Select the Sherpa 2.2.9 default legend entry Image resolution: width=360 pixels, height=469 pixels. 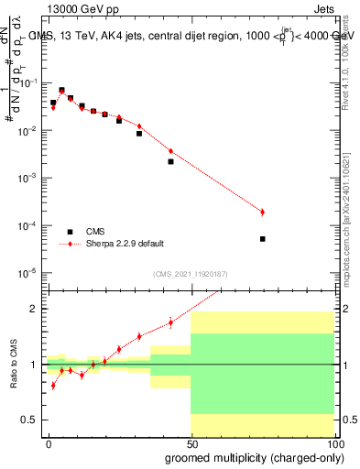point(125,244)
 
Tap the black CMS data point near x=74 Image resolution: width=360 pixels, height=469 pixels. point(262,239)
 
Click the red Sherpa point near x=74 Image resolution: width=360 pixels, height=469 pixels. point(262,212)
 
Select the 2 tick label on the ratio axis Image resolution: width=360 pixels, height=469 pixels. point(35,309)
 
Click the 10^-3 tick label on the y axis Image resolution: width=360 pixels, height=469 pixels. point(27,178)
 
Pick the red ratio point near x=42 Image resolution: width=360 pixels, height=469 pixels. point(170,322)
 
